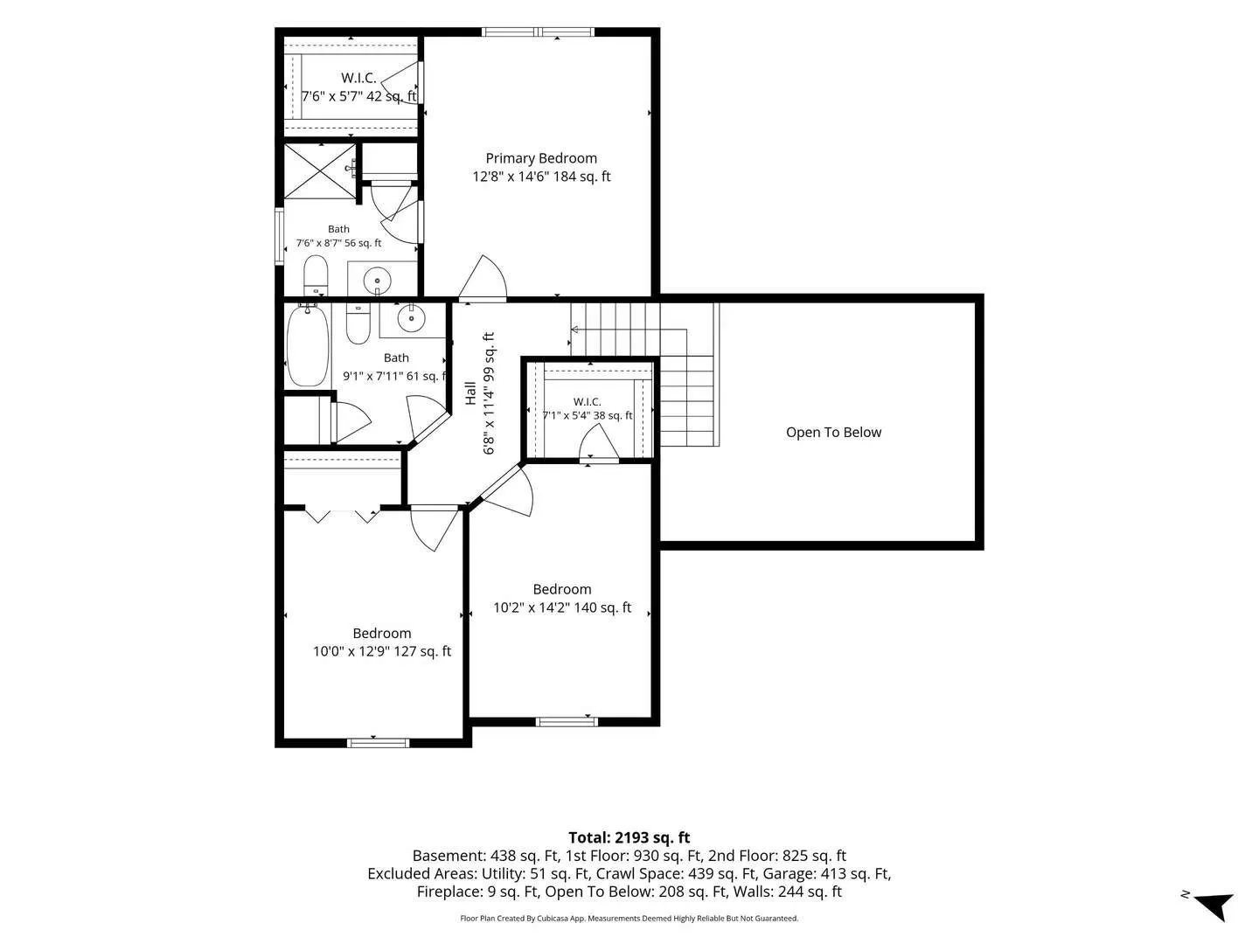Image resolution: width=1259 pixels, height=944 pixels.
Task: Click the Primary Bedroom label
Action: tap(541, 158)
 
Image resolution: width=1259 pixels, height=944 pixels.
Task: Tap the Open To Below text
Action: tap(833, 432)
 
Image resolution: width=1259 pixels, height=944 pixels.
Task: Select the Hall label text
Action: tap(470, 393)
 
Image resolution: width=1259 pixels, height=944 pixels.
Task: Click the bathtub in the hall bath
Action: tap(308, 345)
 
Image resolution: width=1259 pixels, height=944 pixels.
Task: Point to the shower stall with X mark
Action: tap(320, 170)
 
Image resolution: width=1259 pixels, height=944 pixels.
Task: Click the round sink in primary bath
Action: tap(377, 281)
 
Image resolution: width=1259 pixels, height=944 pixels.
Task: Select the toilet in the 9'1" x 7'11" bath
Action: tap(358, 323)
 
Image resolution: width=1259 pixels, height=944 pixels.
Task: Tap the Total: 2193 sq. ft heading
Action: tap(629, 837)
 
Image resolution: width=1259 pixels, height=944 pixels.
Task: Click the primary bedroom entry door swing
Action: tap(483, 277)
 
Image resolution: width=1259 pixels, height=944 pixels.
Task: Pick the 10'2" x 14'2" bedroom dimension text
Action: tap(562, 607)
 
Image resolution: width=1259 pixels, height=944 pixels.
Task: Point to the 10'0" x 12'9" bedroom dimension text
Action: tap(382, 651)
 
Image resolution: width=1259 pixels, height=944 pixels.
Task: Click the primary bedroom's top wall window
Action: tap(538, 31)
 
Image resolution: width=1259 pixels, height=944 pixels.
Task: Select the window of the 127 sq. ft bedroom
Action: tap(378, 743)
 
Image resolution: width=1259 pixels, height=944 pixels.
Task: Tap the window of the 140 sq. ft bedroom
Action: tap(567, 722)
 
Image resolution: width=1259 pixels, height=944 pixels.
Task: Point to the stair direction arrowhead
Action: tap(574, 330)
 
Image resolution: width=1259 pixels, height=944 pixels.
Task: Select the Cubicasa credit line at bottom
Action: tap(629, 918)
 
